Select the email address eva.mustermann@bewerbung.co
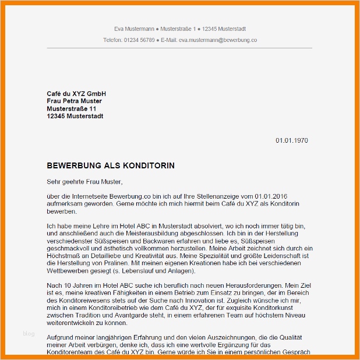(x=218, y=40)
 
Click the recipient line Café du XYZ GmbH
(x=76, y=94)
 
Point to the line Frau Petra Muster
(x=74, y=101)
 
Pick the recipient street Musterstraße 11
(x=72, y=109)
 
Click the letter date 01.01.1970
(x=292, y=140)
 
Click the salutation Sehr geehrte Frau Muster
(x=85, y=182)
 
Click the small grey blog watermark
(x=29, y=334)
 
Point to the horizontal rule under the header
(x=179, y=48)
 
